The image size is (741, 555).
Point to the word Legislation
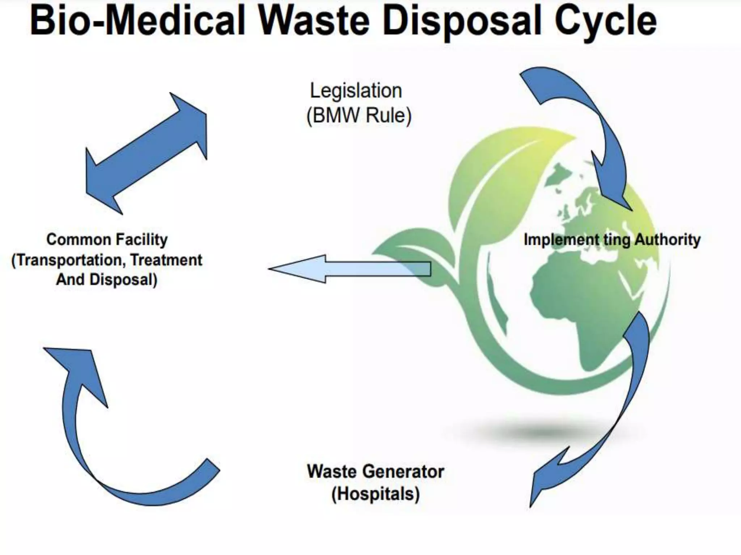pyautogui.click(x=356, y=91)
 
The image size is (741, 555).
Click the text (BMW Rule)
pyautogui.click(x=359, y=116)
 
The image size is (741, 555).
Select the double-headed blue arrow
pyautogui.click(x=147, y=154)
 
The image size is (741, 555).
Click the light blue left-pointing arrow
pyautogui.click(x=347, y=269)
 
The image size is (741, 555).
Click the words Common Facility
pyautogui.click(x=107, y=240)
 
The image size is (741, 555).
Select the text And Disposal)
pyautogui.click(x=107, y=280)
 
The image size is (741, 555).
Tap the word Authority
pyautogui.click(x=668, y=240)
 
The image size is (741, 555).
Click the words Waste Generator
pyautogui.click(x=375, y=471)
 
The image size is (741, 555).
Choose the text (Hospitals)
pyautogui.click(x=375, y=494)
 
